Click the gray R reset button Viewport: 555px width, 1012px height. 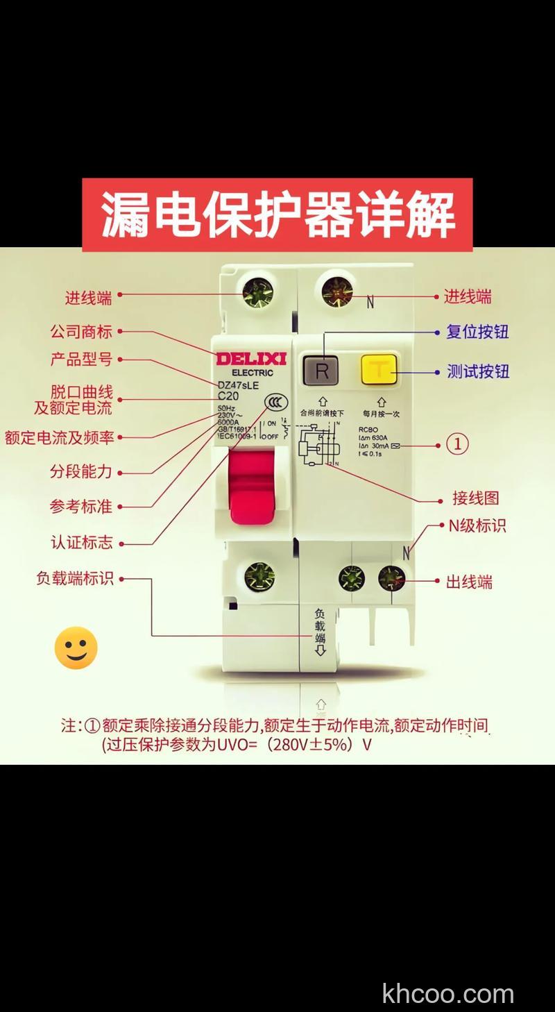[x=321, y=371]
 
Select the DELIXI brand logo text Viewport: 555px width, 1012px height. [x=251, y=359]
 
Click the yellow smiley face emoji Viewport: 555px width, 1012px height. [x=76, y=648]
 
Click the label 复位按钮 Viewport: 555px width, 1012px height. [x=477, y=332]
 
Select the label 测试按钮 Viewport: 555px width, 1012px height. [x=478, y=371]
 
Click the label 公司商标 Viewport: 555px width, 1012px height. [x=81, y=332]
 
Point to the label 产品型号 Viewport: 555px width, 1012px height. [x=81, y=360]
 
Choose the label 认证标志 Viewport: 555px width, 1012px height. [x=82, y=542]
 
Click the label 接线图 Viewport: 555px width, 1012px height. [x=475, y=498]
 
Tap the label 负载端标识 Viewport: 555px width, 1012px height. [x=75, y=578]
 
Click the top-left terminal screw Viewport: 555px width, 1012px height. [x=258, y=294]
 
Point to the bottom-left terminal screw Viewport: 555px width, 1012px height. [x=259, y=577]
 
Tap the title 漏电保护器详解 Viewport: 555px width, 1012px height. [x=277, y=214]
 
